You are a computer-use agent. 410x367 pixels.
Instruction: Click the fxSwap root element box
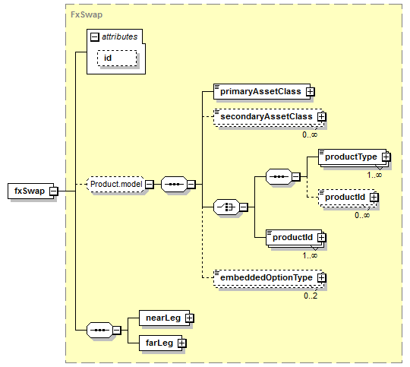coord(31,191)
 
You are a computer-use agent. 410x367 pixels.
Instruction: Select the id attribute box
coord(117,58)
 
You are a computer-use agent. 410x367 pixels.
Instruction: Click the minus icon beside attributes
coord(95,37)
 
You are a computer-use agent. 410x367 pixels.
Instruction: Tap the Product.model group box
coord(115,184)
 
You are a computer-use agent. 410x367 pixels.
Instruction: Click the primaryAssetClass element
coord(262,91)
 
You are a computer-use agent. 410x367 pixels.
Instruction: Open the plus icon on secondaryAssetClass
coord(322,116)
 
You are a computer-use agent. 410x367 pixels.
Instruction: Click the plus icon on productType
coord(386,157)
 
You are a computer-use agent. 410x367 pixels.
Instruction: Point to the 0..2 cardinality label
coord(311,296)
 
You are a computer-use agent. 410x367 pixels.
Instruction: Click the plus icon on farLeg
coord(182,343)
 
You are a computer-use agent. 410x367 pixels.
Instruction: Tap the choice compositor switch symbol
coord(226,207)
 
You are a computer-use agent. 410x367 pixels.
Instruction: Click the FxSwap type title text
coord(87,14)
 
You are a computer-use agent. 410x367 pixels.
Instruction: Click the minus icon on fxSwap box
coord(54,191)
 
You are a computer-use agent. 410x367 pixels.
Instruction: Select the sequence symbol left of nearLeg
coord(100,330)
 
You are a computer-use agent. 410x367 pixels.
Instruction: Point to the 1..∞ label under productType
coord(374,175)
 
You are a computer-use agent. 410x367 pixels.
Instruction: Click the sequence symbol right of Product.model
coord(174,184)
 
